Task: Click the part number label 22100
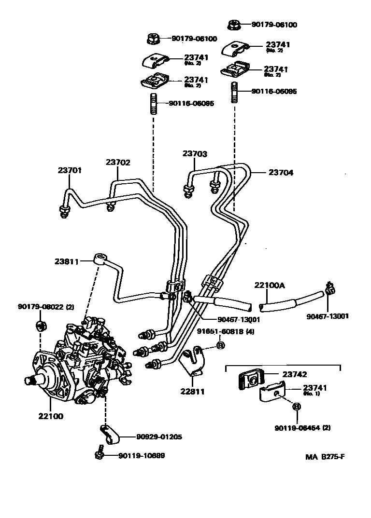click(50, 416)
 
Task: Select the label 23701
click(70, 170)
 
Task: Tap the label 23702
click(118, 163)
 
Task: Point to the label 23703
click(195, 154)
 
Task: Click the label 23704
click(281, 172)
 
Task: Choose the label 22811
click(192, 391)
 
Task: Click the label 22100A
click(270, 286)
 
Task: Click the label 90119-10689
click(141, 455)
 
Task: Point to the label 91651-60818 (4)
click(225, 331)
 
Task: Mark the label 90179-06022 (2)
click(46, 307)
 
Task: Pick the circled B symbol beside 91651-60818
click(220, 345)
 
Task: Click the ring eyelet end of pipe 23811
click(101, 258)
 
